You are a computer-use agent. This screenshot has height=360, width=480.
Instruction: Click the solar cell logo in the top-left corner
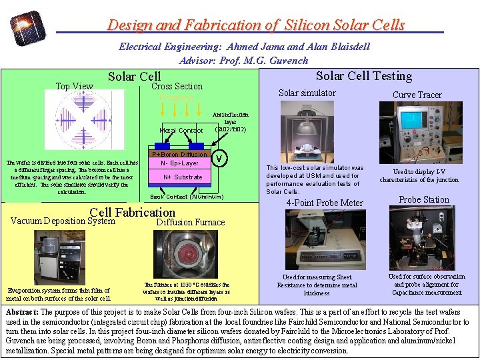[x=29, y=27]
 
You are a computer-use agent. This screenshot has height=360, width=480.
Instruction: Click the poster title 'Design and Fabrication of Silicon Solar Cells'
[x=256, y=25]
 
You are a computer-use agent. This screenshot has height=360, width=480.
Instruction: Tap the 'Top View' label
[x=74, y=86]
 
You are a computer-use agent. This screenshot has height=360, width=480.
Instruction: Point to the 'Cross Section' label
[x=177, y=86]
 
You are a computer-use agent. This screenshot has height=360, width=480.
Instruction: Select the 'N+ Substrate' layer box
[x=182, y=177]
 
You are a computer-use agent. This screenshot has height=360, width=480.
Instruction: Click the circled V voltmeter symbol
[x=219, y=159]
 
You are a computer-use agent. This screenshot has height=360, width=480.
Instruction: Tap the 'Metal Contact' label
[x=181, y=131]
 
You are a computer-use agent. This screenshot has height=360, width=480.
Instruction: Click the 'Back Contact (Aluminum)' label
[x=186, y=197]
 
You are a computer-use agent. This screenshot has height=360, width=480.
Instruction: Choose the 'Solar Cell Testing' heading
[x=364, y=76]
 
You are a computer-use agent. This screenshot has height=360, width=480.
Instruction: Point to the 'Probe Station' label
[x=423, y=199]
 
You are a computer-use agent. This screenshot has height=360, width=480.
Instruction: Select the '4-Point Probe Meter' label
[x=325, y=203]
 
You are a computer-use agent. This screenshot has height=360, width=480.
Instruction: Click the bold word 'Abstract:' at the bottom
[x=22, y=312]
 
